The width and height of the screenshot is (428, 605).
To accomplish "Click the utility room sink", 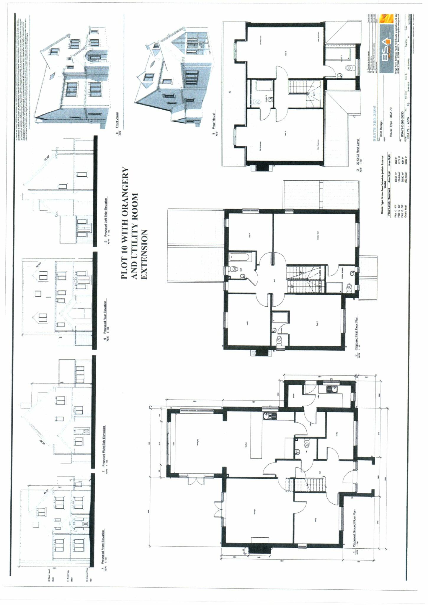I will point(330,389).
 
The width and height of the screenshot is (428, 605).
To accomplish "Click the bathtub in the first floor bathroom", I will point(240,257).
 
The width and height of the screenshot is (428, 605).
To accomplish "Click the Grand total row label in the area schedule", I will point(406,208).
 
